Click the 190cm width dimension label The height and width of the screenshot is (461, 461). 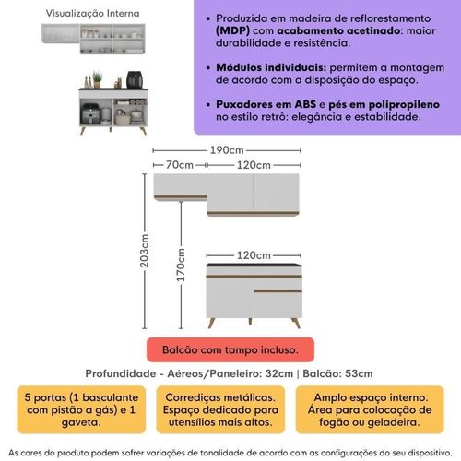click(x=227, y=150)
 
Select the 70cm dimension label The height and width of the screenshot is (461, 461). click(x=180, y=165)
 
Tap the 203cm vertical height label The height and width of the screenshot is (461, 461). click(x=144, y=251)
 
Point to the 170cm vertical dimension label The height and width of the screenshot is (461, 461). click(x=181, y=266)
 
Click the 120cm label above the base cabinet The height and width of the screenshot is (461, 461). click(x=254, y=255)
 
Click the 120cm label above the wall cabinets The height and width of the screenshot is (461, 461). click(x=254, y=165)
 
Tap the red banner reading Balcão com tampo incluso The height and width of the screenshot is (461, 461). click(x=230, y=349)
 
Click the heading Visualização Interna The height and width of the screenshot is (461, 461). click(x=92, y=13)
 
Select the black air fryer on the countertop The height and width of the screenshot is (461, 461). click(x=135, y=79)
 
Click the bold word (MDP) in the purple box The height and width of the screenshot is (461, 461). click(x=232, y=30)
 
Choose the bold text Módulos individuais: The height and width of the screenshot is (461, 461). click(x=271, y=67)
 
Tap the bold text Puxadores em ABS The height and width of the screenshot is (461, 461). click(x=266, y=104)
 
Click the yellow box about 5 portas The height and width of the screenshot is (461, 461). click(x=81, y=409)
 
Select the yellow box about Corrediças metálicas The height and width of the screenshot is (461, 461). click(x=220, y=409)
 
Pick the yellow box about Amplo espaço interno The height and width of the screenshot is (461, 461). click(x=370, y=409)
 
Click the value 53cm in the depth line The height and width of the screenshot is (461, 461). click(x=359, y=373)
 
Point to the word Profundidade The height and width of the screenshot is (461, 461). click(x=121, y=373)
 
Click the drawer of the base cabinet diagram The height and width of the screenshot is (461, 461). click(x=278, y=283)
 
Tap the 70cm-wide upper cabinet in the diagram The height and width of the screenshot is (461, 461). click(x=181, y=187)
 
